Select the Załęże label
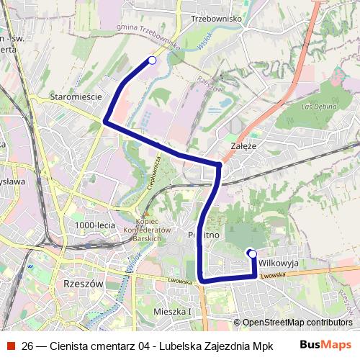coord(243,145)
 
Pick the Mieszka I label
coord(173,311)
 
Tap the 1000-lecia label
coord(95,225)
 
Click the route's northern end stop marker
coord(151,60)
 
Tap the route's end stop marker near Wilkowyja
coord(252,253)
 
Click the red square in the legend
coord(11,345)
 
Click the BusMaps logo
coord(325,344)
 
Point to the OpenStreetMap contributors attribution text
coord(297,323)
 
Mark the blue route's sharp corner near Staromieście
coord(106,122)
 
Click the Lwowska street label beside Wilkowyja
coord(274,275)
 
